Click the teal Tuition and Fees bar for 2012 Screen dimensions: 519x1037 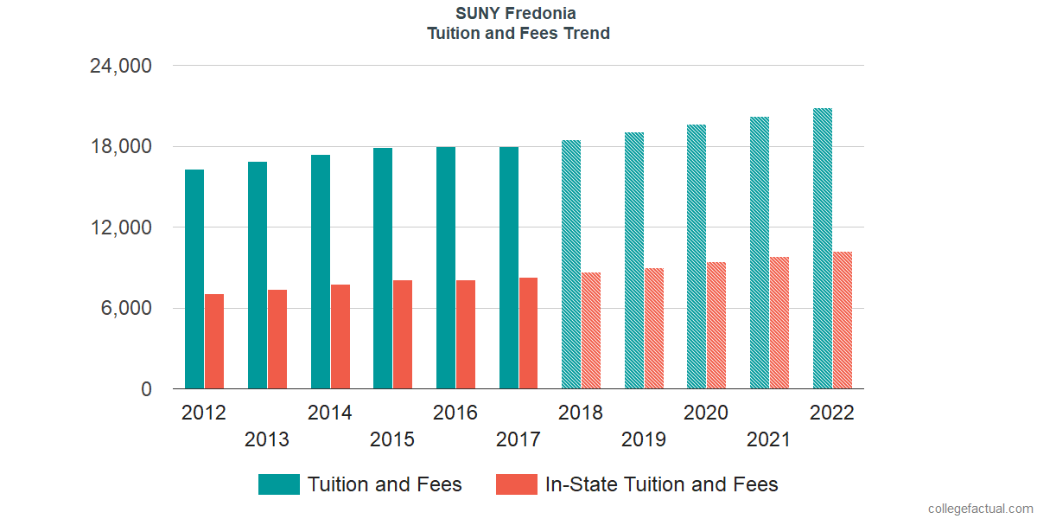coord(194,279)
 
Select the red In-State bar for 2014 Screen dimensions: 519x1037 coord(340,336)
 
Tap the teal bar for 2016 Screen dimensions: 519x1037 coord(446,268)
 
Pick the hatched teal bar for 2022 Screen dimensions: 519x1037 coord(823,248)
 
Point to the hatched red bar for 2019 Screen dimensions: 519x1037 coord(654,329)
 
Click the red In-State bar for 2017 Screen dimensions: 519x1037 coord(529,333)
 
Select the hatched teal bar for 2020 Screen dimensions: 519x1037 coord(697,257)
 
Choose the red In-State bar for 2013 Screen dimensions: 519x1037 coord(277,339)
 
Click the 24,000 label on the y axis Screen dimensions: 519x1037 coord(121,66)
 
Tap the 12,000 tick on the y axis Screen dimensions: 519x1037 coord(121,227)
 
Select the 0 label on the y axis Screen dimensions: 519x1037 coord(147,389)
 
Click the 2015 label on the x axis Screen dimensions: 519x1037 coord(392,439)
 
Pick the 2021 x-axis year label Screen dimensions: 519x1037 coord(769,439)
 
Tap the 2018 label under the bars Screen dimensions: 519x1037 coord(581,413)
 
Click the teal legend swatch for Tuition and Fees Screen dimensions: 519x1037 coord(279,484)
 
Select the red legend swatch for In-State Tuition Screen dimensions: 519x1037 coord(516,484)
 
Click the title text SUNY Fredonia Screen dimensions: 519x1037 coord(517,14)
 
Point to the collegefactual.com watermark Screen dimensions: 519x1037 coord(980,509)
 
